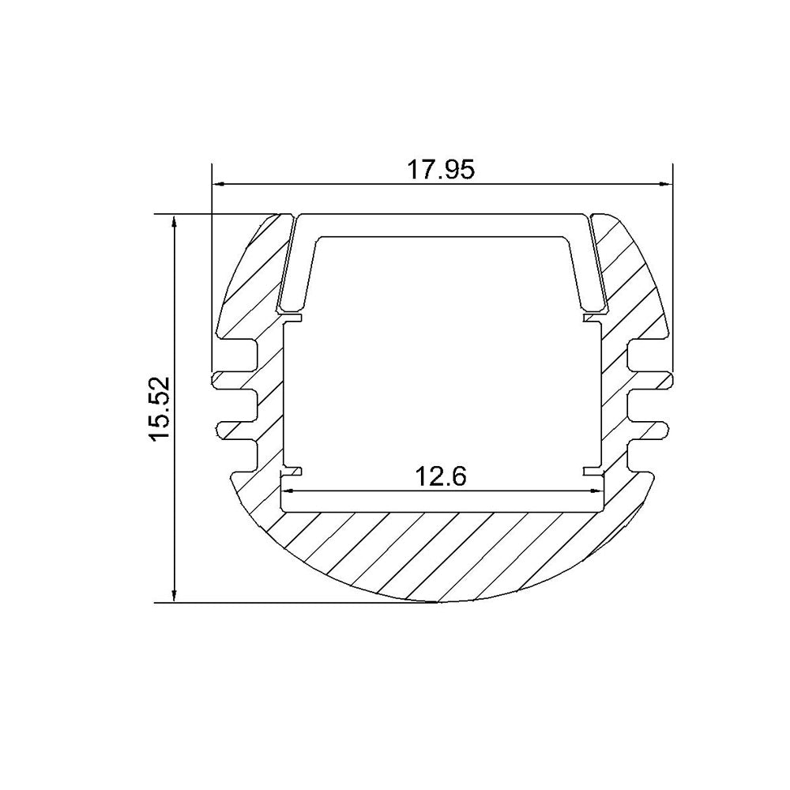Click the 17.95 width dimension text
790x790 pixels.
[x=441, y=170]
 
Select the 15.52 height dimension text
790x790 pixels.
[x=160, y=408]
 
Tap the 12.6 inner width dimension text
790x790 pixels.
[x=440, y=476]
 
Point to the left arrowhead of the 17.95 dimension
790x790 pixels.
[x=219, y=184]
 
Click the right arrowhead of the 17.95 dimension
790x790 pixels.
[x=666, y=184]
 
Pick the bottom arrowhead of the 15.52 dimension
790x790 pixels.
[x=175, y=595]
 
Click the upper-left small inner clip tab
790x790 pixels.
[x=293, y=318]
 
